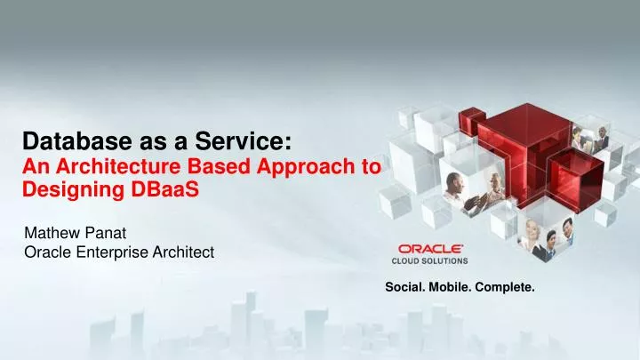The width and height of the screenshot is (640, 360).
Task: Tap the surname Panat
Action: coord(106,234)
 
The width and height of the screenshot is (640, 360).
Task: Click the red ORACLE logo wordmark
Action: coord(429,249)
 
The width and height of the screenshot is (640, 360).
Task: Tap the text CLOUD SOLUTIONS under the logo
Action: coord(430,261)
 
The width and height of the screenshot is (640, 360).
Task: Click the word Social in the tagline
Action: coord(404,287)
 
